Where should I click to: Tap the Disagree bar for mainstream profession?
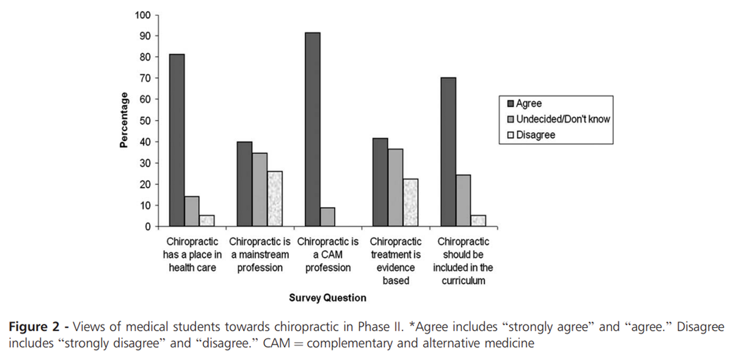tap(275, 199)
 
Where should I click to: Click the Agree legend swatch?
tap(511, 104)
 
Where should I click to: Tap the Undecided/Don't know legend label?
tap(563, 120)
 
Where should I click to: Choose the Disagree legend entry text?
tap(536, 135)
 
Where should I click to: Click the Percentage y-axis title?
tap(124, 120)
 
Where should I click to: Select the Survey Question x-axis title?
tap(328, 298)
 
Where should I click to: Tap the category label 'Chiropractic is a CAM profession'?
tap(327, 254)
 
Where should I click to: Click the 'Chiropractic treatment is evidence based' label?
tap(396, 261)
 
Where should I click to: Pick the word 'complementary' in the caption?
tap(340, 343)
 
